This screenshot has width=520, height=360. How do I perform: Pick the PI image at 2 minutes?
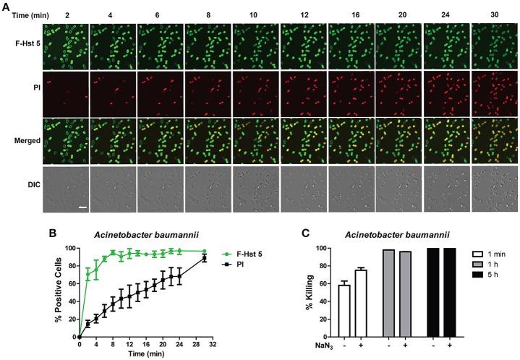[66, 94]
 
